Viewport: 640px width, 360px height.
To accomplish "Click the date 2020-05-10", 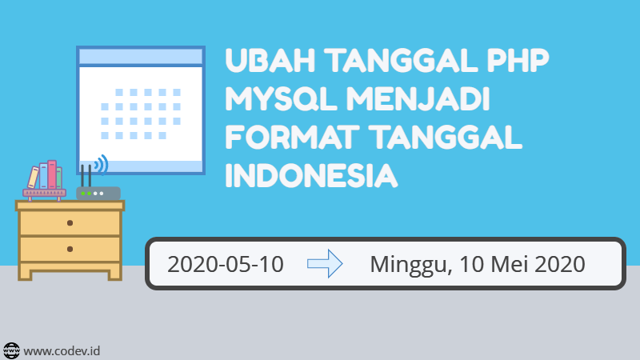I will (226, 263).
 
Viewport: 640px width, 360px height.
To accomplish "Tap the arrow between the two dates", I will (324, 263).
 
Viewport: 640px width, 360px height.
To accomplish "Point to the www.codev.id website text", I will (62, 350).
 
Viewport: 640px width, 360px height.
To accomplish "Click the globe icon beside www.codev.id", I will (12, 350).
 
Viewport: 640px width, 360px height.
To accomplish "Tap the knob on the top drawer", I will (70, 223).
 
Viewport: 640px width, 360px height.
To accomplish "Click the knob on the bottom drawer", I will (70, 249).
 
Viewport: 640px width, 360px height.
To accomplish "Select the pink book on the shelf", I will (52, 174).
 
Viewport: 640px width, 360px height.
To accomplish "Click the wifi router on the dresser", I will (98, 194).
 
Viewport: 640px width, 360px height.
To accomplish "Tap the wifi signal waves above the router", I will (101, 166).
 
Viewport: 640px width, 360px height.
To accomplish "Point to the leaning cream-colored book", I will (34, 177).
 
